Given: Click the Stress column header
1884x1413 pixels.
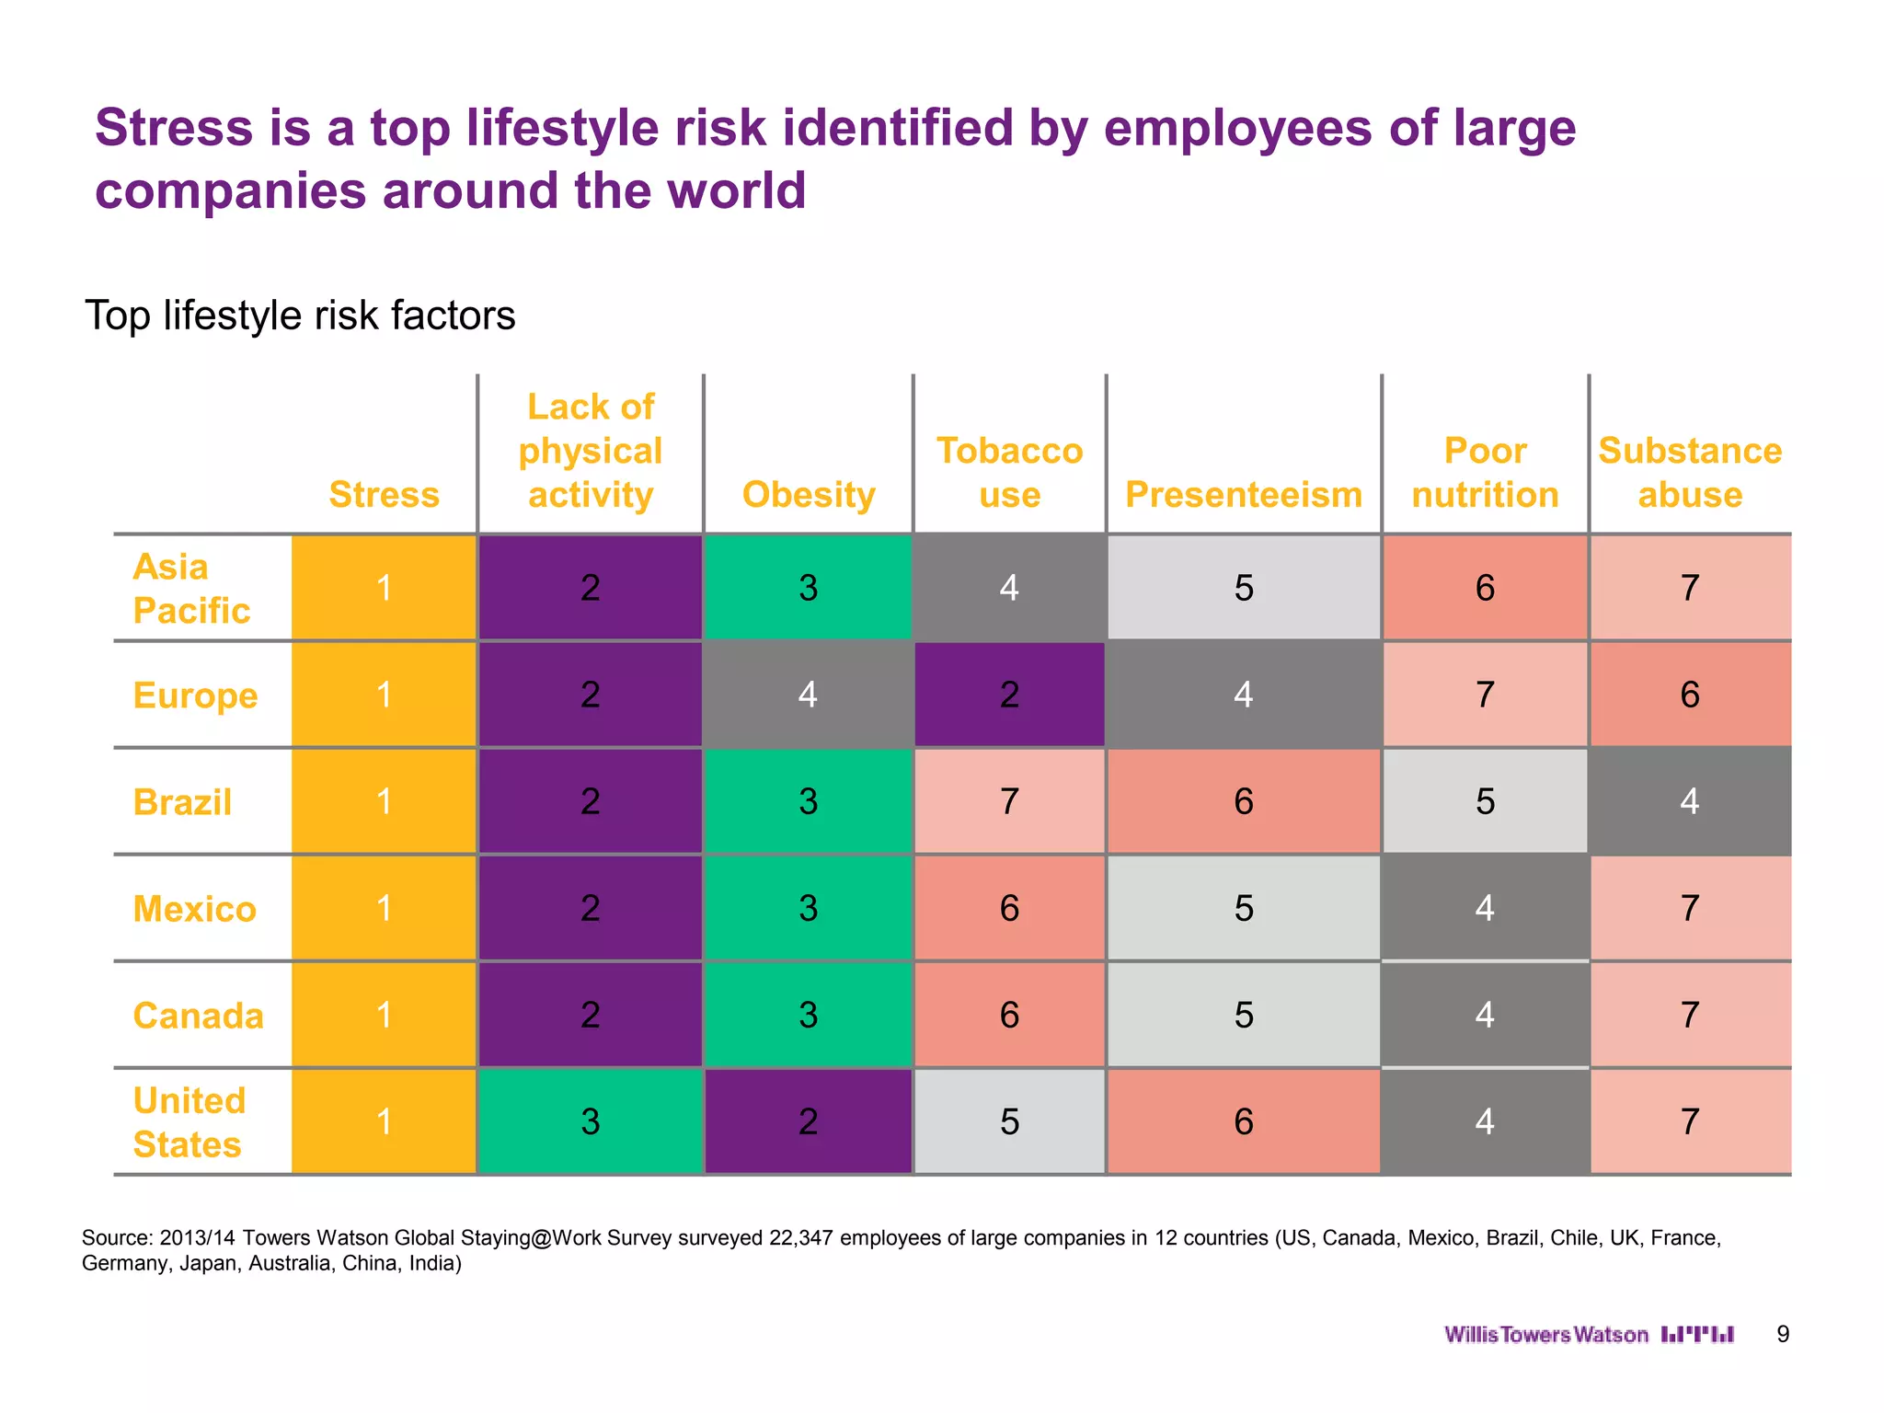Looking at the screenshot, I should tap(384, 495).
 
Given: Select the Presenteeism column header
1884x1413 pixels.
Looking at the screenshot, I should tap(1243, 495).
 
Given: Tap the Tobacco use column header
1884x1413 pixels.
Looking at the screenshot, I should tap(1009, 473).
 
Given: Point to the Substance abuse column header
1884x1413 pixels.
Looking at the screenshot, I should tap(1690, 473).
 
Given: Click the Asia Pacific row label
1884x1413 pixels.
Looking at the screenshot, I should tap(191, 589).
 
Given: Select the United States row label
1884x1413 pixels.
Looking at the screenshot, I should tap(190, 1122).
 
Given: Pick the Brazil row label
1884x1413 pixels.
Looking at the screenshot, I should tap(182, 802).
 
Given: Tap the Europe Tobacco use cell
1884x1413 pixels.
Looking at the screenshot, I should tap(1009, 695).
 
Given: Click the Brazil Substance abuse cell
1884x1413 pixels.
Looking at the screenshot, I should tap(1690, 801).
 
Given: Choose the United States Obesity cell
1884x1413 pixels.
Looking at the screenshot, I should tap(808, 1121).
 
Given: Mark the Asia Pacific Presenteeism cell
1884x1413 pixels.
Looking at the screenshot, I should tap(1244, 588).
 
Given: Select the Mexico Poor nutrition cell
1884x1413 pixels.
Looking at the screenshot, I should tap(1485, 908).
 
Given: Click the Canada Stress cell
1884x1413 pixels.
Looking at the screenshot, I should tap(384, 1015).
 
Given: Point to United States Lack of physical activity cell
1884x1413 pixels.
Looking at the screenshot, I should tap(591, 1121).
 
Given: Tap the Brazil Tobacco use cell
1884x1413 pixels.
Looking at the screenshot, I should tap(1009, 801).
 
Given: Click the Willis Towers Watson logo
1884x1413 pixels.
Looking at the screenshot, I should tap(1589, 1335).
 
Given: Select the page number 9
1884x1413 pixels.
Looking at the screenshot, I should tap(1783, 1335).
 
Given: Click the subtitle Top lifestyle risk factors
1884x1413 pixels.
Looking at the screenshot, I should tap(300, 316).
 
